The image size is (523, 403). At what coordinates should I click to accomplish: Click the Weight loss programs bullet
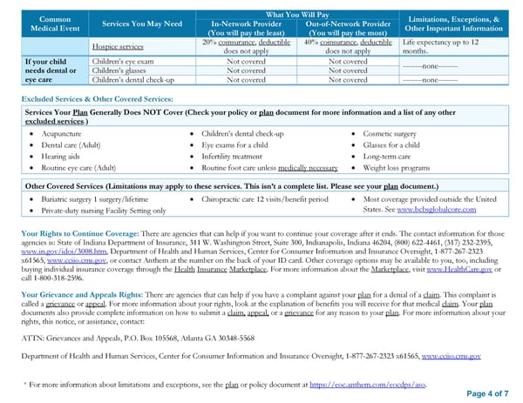coord(397,166)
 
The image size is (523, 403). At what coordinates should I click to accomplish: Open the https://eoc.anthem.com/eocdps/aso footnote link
coord(370,382)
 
